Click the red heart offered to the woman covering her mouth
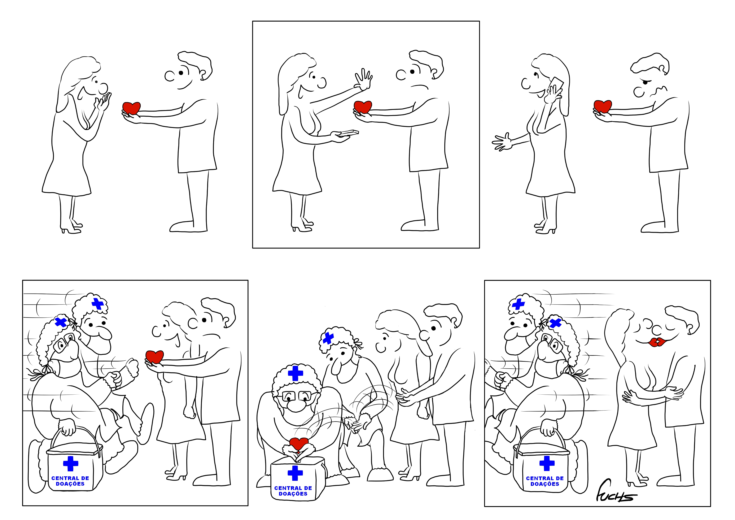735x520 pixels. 132,108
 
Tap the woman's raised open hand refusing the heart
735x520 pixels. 363,79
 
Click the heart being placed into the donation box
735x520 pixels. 298,443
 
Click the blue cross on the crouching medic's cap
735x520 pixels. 295,373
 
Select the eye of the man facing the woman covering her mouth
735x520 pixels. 181,73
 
